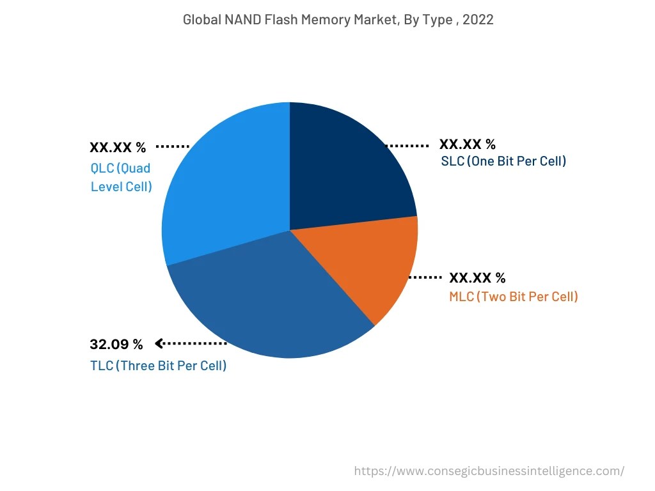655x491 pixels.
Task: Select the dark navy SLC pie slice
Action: [345, 166]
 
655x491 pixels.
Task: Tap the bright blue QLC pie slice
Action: [224, 185]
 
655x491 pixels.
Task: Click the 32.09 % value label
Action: [116, 345]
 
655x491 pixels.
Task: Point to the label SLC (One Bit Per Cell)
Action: [503, 161]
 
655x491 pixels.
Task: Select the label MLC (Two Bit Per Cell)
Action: [513, 297]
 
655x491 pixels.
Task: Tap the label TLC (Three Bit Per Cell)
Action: [159, 366]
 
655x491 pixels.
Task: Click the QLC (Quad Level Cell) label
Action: [122, 178]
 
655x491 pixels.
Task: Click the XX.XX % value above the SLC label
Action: [467, 144]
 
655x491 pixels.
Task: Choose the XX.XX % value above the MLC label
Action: [477, 278]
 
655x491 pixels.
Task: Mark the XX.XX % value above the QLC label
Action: [118, 148]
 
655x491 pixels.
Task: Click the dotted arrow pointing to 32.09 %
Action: [191, 344]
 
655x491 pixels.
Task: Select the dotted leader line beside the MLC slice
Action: [425, 277]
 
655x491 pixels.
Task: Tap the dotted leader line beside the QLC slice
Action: [173, 146]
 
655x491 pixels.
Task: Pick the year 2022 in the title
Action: [478, 20]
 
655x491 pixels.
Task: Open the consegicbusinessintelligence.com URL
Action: [489, 471]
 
